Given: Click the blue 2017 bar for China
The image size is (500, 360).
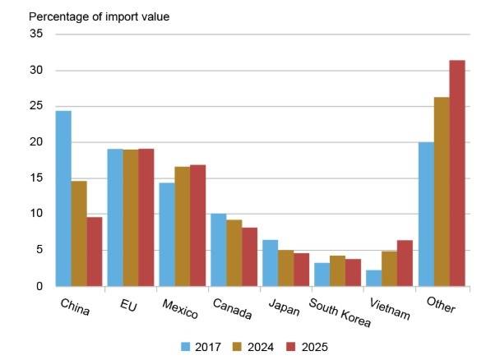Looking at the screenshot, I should pyautogui.click(x=63, y=198).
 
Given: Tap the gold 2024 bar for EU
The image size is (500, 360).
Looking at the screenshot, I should pyautogui.click(x=130, y=218).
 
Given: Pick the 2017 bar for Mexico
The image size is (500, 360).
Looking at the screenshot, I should pyautogui.click(x=166, y=234).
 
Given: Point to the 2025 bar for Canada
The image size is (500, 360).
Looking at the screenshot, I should pyautogui.click(x=248, y=256).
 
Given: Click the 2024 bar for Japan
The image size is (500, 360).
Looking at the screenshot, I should pyautogui.click(x=285, y=268).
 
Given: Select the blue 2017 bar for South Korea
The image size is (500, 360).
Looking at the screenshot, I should pyautogui.click(x=321, y=275).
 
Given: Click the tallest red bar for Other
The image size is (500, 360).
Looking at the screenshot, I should pyautogui.click(x=456, y=173).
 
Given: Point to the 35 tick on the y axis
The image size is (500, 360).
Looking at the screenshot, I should pyautogui.click(x=36, y=34).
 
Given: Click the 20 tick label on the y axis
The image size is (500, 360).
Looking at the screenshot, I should pyautogui.click(x=36, y=142).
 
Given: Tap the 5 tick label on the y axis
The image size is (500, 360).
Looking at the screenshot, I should pyautogui.click(x=39, y=250).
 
